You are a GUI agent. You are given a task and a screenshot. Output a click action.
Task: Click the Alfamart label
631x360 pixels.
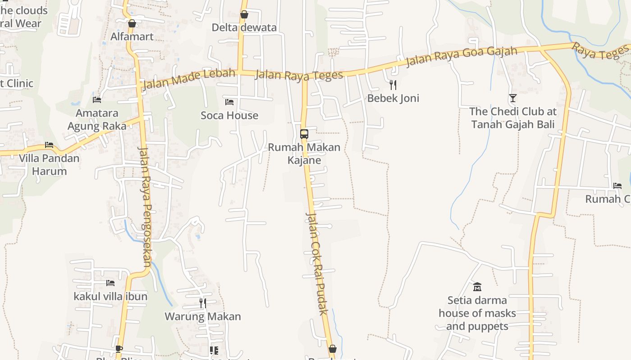[x=132, y=36]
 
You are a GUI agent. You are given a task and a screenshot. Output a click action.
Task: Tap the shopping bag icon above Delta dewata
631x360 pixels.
[x=244, y=15]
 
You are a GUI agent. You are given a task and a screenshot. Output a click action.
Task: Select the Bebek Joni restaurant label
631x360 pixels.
[x=393, y=98]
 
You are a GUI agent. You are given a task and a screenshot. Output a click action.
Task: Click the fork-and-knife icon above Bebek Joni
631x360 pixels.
[x=393, y=85]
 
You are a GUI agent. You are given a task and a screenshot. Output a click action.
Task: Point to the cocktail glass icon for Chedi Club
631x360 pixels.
[x=512, y=98]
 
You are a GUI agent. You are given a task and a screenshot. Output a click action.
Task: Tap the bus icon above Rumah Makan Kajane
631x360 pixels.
[x=304, y=134]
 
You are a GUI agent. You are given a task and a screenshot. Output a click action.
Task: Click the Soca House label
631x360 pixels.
[x=229, y=116]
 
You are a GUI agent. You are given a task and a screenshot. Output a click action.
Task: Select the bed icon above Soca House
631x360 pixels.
[x=229, y=102]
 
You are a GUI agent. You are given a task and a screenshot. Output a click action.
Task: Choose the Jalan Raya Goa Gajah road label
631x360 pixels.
[x=462, y=56]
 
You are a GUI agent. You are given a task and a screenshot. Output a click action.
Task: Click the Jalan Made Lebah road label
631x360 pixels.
[x=189, y=79]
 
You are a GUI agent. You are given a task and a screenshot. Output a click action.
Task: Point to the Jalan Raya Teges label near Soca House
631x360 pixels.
[x=299, y=75]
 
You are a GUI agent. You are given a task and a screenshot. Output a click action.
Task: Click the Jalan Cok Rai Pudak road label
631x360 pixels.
[x=317, y=264]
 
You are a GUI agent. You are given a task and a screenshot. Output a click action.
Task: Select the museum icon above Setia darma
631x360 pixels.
[x=477, y=286]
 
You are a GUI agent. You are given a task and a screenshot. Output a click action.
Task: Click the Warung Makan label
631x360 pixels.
[x=203, y=316]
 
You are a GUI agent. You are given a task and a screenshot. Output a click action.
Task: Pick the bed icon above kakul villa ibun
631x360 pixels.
[x=110, y=283]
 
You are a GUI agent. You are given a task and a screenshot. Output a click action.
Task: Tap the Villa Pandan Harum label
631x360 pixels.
[x=49, y=165]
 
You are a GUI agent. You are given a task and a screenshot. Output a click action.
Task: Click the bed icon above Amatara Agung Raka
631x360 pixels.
[x=97, y=99]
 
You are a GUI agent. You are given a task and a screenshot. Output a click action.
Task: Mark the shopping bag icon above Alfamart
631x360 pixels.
[x=132, y=23]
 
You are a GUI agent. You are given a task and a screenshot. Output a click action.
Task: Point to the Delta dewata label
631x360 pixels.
[x=244, y=28]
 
